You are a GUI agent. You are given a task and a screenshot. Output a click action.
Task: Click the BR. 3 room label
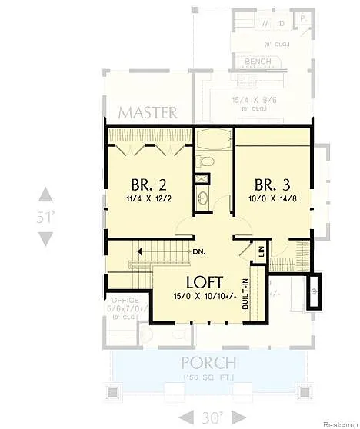(272, 185)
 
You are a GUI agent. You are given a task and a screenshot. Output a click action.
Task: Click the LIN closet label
(262, 251)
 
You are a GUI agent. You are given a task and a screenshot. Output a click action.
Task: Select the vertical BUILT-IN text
(245, 293)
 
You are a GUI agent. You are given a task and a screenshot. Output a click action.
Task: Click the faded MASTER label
(148, 112)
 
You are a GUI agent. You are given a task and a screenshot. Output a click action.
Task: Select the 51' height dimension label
(46, 217)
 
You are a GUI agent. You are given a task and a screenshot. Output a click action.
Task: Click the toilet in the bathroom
(205, 161)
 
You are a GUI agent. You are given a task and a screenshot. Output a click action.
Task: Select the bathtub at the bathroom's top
(214, 141)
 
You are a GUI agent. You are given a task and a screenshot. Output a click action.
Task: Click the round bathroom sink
(204, 200)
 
